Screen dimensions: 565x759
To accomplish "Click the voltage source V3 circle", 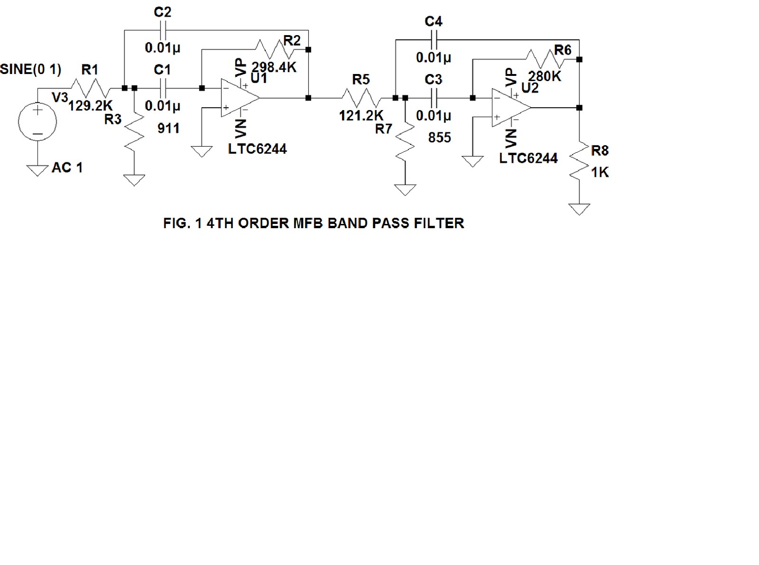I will click(37, 122).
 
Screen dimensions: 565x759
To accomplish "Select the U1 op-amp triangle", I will click(239, 98).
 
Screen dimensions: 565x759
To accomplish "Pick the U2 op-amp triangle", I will click(510, 108).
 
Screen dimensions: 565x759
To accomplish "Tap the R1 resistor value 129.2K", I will click(90, 105).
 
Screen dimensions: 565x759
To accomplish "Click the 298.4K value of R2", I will click(274, 67).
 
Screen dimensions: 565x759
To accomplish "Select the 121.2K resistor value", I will click(361, 115).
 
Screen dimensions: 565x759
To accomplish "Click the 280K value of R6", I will click(545, 76).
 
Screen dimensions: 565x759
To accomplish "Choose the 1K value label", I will click(600, 172).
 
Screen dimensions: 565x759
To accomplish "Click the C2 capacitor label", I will click(162, 12).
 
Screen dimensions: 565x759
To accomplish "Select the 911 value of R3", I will click(168, 128).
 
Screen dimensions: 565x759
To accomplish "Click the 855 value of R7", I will click(439, 138).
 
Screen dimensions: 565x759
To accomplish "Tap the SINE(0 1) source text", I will click(31, 69).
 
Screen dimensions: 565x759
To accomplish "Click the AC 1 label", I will click(67, 167).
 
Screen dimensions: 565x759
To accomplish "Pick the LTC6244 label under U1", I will click(257, 149).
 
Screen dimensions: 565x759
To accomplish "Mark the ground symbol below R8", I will click(579, 209).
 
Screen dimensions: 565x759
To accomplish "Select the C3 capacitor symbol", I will click(434, 98).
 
